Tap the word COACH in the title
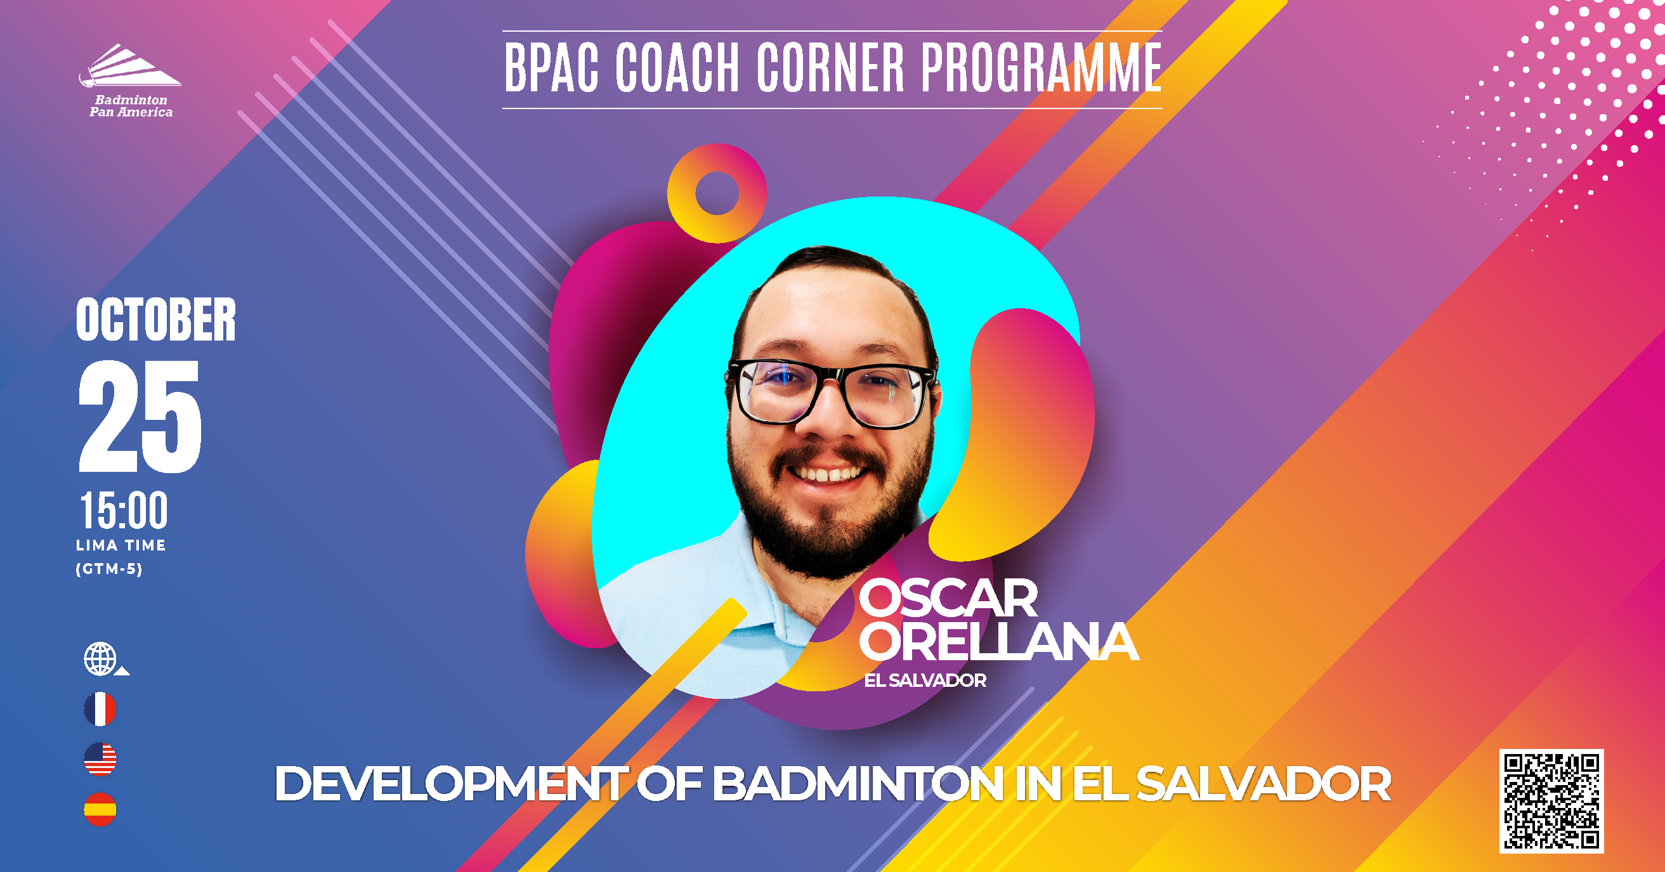click(677, 67)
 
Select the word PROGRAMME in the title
click(1041, 67)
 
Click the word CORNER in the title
click(830, 67)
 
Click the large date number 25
click(140, 416)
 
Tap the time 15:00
click(124, 510)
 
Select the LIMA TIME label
click(121, 545)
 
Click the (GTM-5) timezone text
click(108, 569)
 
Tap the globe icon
click(101, 659)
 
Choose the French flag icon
click(100, 709)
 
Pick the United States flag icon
click(100, 759)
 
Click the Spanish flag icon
click(100, 809)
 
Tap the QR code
click(1551, 801)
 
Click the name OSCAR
click(948, 598)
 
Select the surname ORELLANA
click(998, 641)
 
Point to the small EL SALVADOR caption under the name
click(925, 680)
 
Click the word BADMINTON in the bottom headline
click(858, 783)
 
